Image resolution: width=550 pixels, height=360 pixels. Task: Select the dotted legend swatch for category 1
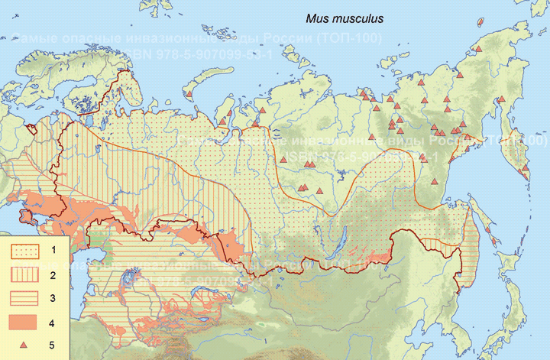pyautogui.click(x=24, y=251)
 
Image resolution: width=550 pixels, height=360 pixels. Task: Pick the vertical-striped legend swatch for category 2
pyautogui.click(x=24, y=274)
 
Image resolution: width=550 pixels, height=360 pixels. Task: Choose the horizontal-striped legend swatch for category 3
pyautogui.click(x=24, y=298)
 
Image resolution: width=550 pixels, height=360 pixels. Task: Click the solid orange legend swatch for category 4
pyautogui.click(x=24, y=322)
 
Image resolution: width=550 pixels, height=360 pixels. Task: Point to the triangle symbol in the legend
pyautogui.click(x=24, y=345)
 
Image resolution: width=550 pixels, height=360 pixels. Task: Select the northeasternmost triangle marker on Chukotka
pyautogui.click(x=478, y=49)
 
